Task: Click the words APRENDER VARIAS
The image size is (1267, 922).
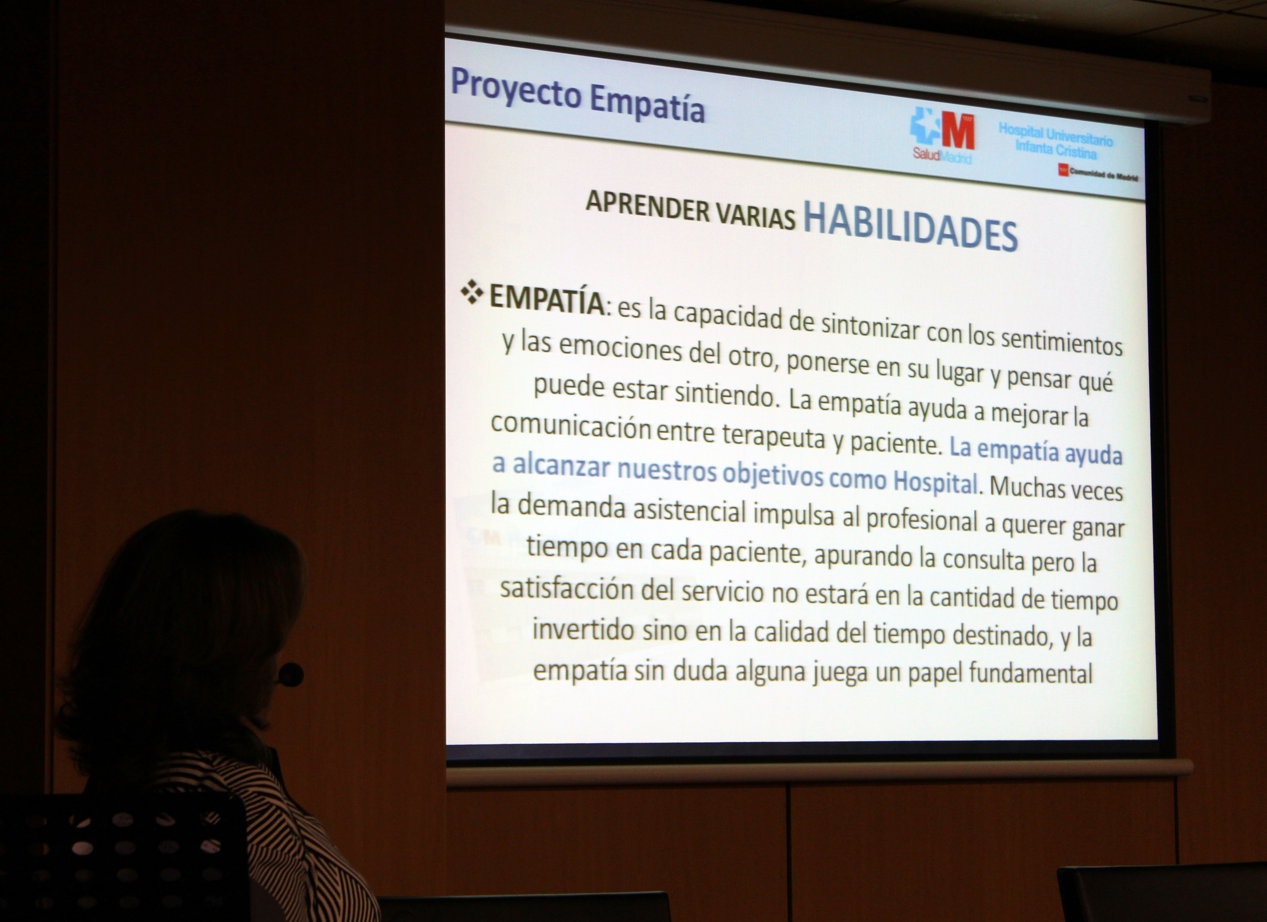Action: pyautogui.click(x=690, y=210)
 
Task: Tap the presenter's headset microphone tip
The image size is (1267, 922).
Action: pyautogui.click(x=290, y=675)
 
